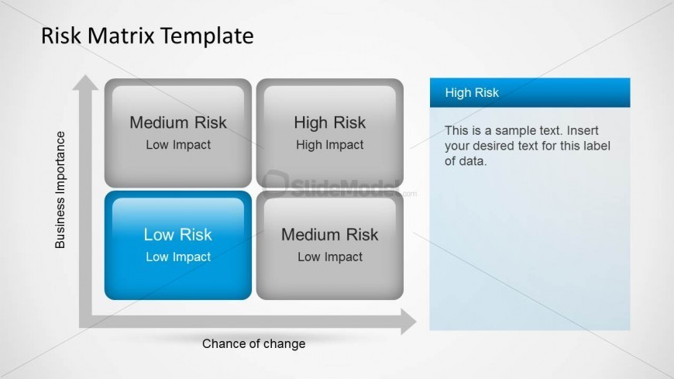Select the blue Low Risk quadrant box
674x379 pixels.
coord(178,245)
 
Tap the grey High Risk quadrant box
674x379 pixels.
coord(329,133)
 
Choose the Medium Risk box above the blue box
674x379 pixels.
coord(178,133)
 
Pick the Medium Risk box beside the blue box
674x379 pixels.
coord(329,245)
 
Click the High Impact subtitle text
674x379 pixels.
coord(329,145)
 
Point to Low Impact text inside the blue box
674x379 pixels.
coord(178,257)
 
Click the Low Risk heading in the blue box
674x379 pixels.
coord(178,235)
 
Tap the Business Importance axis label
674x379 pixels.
coord(60,190)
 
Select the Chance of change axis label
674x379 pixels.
coord(253,343)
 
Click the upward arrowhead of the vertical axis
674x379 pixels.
coord(86,81)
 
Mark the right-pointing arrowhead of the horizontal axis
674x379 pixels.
coord(408,321)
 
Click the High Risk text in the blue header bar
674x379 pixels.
coord(472,93)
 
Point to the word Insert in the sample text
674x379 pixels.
coord(582,130)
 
